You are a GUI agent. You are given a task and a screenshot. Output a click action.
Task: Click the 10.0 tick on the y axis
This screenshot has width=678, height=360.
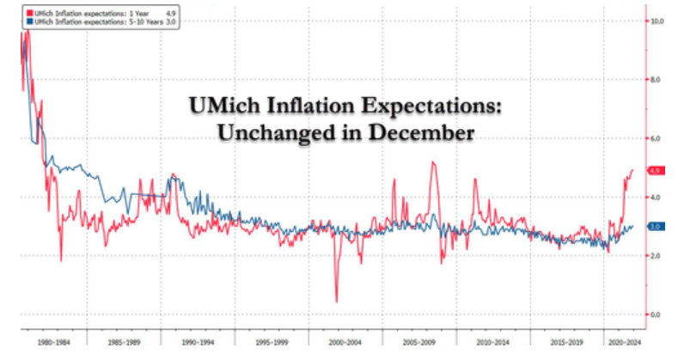[658, 20]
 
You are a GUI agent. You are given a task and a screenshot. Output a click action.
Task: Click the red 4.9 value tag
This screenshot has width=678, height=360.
[657, 171]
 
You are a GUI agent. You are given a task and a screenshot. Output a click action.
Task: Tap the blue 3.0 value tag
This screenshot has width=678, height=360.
[657, 227]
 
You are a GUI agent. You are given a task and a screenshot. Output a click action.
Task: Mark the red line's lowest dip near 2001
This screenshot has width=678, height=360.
[336, 302]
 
